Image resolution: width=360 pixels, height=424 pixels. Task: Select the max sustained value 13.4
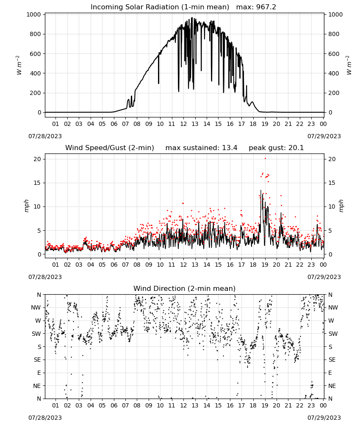tap(230, 148)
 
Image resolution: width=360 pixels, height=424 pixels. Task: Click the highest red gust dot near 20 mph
tap(265, 159)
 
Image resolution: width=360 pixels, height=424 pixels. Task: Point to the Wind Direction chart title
tap(185, 288)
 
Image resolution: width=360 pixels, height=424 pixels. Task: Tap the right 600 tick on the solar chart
tap(334, 54)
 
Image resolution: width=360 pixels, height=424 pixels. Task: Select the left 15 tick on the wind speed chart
tap(37, 183)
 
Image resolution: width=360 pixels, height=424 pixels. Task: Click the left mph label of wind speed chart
tap(26, 206)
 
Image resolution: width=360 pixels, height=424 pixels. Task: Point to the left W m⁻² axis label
tap(19, 65)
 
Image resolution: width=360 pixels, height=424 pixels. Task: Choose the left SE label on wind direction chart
tap(38, 360)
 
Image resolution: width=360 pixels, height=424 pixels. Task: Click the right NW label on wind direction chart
tap(333, 307)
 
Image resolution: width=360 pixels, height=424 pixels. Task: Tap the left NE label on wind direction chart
tap(37, 386)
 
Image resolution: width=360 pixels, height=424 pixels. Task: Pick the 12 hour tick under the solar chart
tap(183, 124)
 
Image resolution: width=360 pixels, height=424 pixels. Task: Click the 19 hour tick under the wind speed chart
tap(265, 265)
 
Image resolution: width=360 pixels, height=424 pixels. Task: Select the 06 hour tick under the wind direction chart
tap(114, 405)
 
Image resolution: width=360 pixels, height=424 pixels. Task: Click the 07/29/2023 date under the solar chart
tap(324, 136)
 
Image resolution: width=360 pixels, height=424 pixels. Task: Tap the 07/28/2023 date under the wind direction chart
tap(45, 418)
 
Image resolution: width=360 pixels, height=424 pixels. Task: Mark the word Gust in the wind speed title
tap(119, 148)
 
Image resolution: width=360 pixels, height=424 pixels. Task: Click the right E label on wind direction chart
tap(330, 373)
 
